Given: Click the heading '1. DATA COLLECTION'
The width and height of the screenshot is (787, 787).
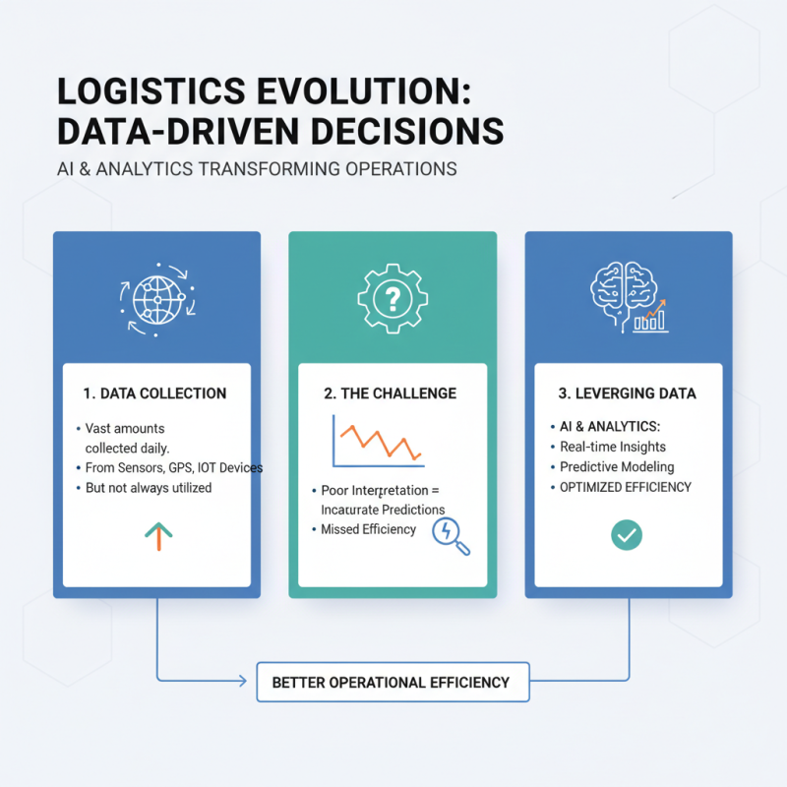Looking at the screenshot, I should pyautogui.click(x=155, y=393).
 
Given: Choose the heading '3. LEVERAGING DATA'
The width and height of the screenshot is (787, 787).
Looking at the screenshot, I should pyautogui.click(x=627, y=393).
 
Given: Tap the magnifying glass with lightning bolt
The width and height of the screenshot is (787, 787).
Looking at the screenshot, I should pyautogui.click(x=451, y=535).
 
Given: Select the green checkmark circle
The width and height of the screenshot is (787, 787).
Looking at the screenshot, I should pyautogui.click(x=627, y=534).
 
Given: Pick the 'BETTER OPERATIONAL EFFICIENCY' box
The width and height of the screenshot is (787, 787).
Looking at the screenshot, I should pyautogui.click(x=392, y=682).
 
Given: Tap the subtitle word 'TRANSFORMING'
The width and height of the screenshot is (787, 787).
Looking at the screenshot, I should pyautogui.click(x=261, y=168).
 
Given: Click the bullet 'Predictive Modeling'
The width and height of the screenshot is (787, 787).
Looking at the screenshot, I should pyautogui.click(x=617, y=466).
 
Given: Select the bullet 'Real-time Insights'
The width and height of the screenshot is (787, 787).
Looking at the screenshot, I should pyautogui.click(x=613, y=447).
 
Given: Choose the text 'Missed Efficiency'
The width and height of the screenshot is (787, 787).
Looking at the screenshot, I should pyautogui.click(x=369, y=529).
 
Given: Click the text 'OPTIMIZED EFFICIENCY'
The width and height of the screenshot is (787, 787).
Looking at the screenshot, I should pyautogui.click(x=626, y=486).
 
